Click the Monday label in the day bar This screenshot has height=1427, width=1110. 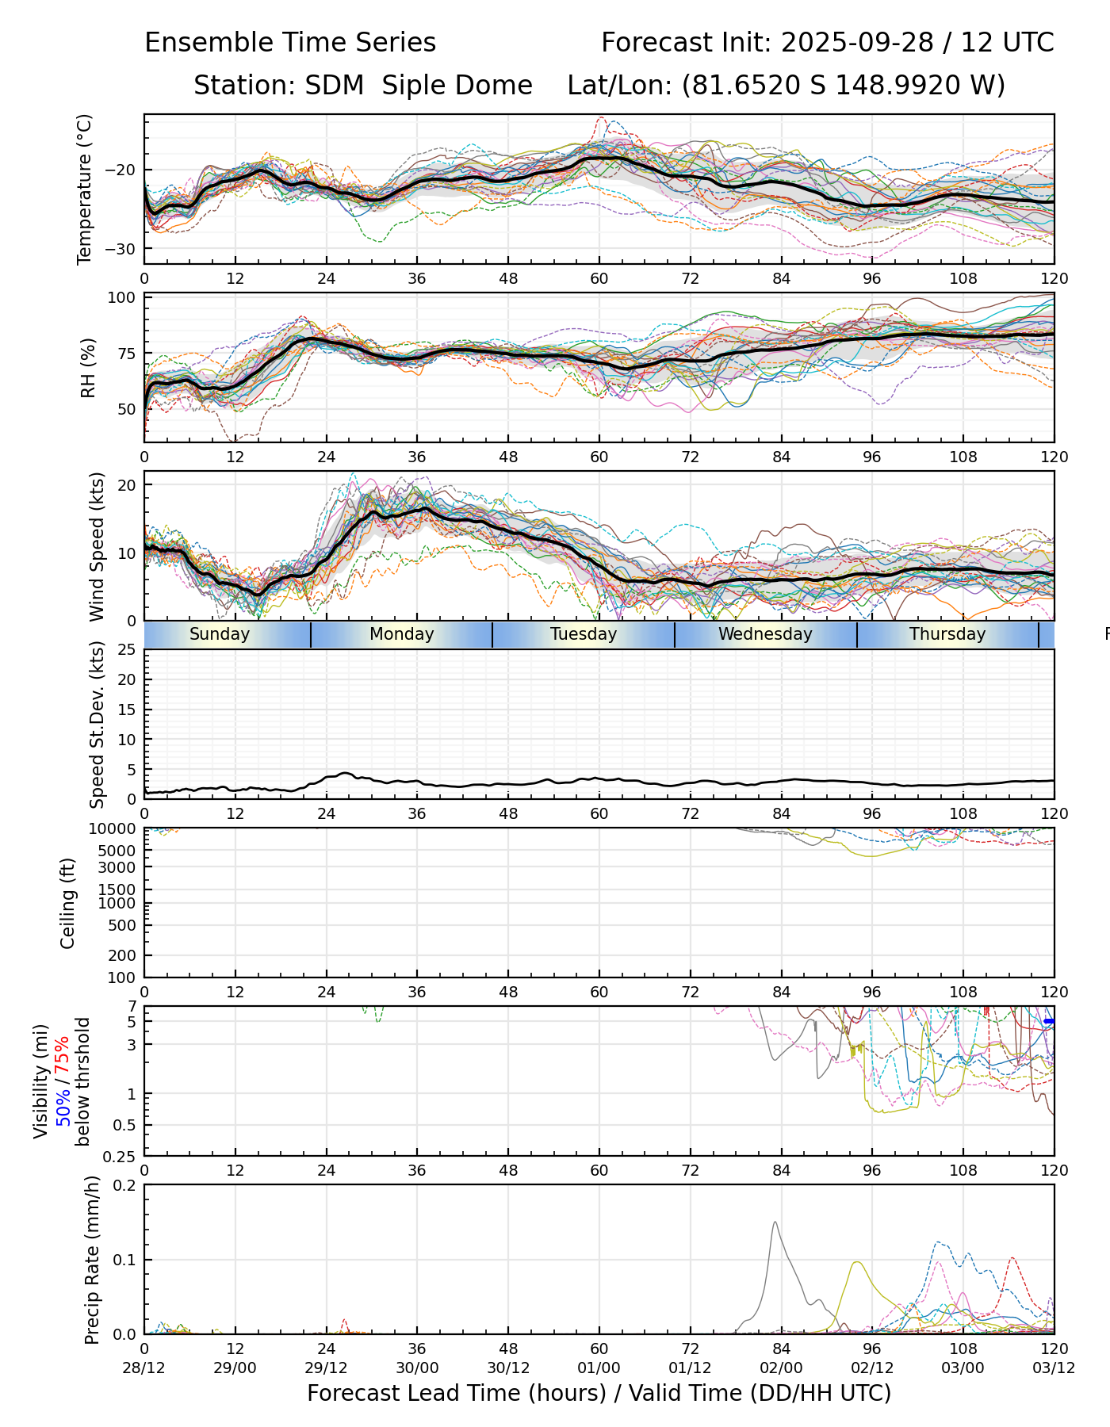(x=401, y=634)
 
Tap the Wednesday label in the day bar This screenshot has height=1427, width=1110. (x=765, y=634)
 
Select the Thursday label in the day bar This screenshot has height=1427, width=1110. (x=947, y=634)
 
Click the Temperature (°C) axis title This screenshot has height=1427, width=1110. (x=85, y=189)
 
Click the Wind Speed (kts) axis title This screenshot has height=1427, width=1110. (x=97, y=546)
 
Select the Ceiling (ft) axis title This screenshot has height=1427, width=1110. (x=68, y=903)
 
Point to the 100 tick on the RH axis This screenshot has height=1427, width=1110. (x=122, y=298)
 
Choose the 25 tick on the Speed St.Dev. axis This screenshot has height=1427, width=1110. (x=127, y=650)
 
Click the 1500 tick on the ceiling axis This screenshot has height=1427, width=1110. (x=117, y=889)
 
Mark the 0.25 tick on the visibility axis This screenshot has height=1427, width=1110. (x=121, y=1155)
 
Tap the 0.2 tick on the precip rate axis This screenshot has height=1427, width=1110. (x=125, y=1185)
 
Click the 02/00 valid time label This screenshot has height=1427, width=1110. (x=781, y=1368)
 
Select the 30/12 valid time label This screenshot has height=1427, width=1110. (x=508, y=1368)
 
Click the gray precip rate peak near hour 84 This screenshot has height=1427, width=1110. (x=775, y=1223)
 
